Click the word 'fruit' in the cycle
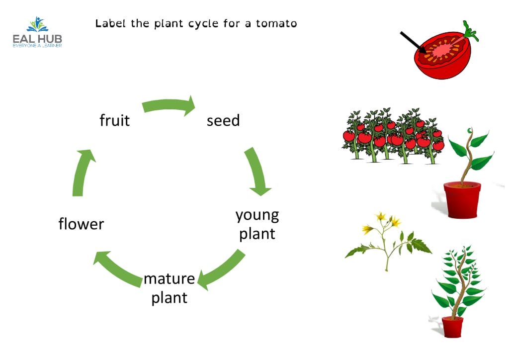[114, 120]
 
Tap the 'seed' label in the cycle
[223, 120]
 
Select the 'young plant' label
[257, 224]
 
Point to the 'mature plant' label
[169, 288]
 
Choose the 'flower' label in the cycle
[81, 224]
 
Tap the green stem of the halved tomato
[469, 31]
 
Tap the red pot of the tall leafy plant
[452, 327]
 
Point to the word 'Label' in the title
[111, 23]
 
